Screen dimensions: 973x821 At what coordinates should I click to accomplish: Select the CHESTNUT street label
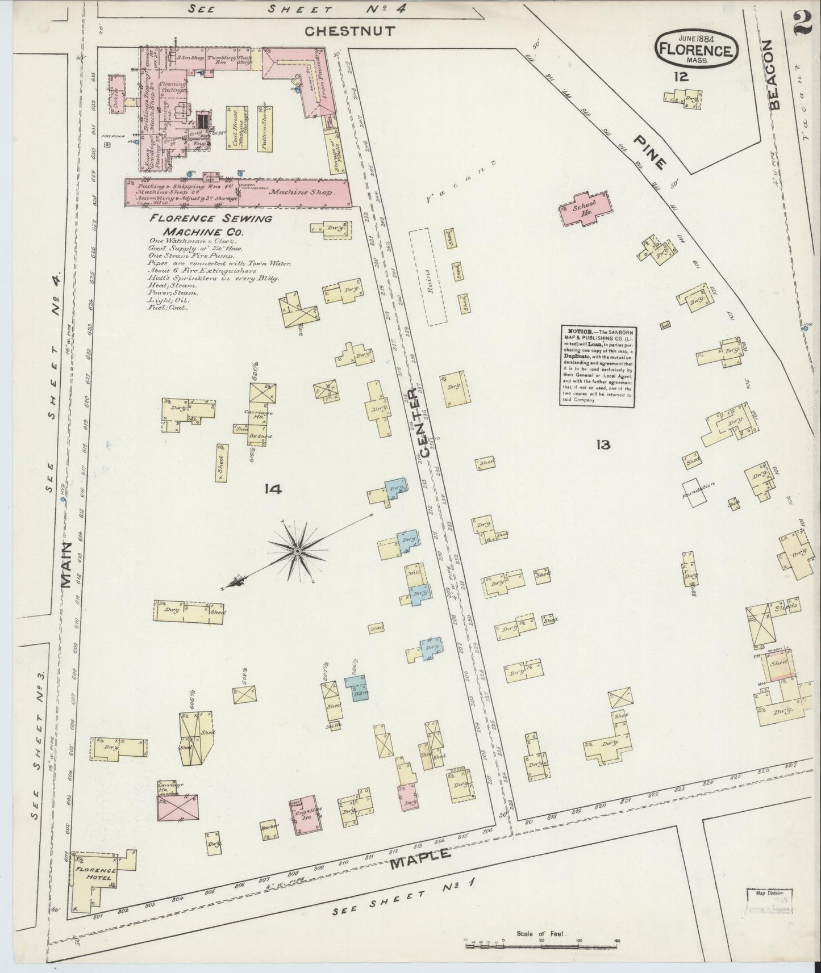pos(349,31)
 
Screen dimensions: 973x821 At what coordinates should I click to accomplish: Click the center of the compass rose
pos(297,550)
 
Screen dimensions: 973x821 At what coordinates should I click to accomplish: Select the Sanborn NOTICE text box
pos(596,365)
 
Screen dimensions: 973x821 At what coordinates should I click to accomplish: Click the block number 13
pos(603,444)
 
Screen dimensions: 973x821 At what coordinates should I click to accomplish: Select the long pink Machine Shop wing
pos(239,192)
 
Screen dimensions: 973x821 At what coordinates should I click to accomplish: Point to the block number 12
pos(681,76)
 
